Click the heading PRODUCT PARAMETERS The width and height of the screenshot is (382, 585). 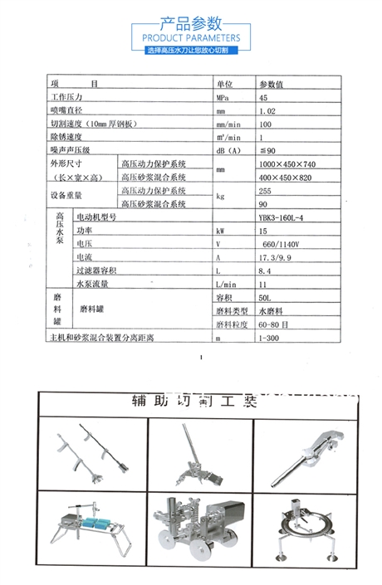191,38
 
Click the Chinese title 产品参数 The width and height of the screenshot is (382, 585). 191,22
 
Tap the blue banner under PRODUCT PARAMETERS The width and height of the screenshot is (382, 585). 191,51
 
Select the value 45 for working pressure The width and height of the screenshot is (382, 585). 263,97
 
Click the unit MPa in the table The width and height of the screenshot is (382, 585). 222,97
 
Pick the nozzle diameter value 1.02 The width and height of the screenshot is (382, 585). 267,110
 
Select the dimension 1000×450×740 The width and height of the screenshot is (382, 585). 287,164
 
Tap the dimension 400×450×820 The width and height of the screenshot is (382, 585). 285,178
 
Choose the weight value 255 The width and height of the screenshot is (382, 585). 266,190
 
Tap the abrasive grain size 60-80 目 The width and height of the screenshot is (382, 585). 275,324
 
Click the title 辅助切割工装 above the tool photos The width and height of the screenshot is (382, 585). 196,402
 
